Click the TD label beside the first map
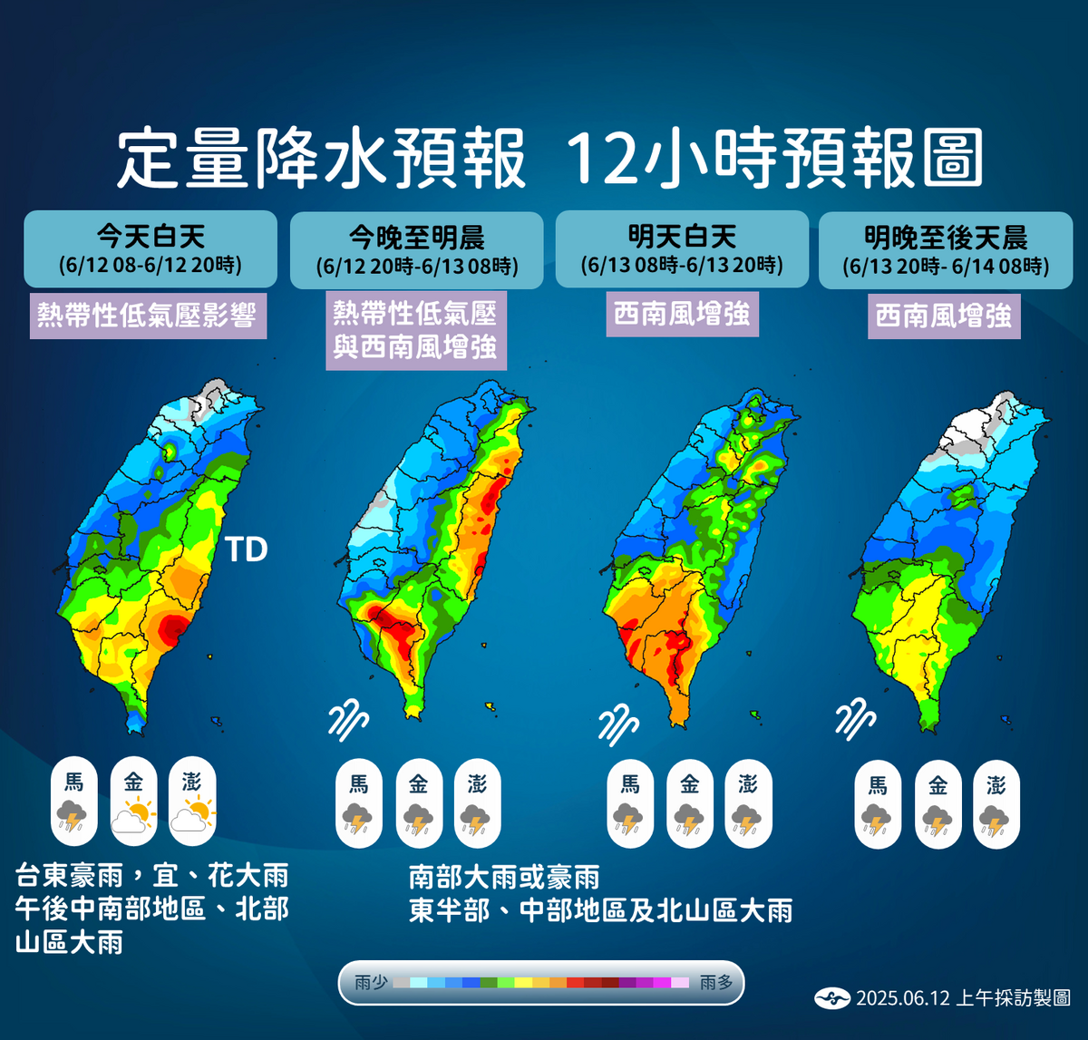247,549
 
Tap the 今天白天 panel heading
151,238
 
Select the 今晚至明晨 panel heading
416,238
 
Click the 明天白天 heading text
682,238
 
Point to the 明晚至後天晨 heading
946,238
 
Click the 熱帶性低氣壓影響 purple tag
148,316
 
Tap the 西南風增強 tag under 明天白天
682,314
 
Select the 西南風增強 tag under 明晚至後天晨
944,316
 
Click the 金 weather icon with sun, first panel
133,802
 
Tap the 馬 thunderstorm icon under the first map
73,802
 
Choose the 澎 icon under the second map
477,803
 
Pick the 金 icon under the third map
689,803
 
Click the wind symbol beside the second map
348,721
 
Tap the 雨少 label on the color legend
372,983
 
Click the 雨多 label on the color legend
716,983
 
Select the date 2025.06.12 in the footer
903,998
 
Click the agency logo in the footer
831,998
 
